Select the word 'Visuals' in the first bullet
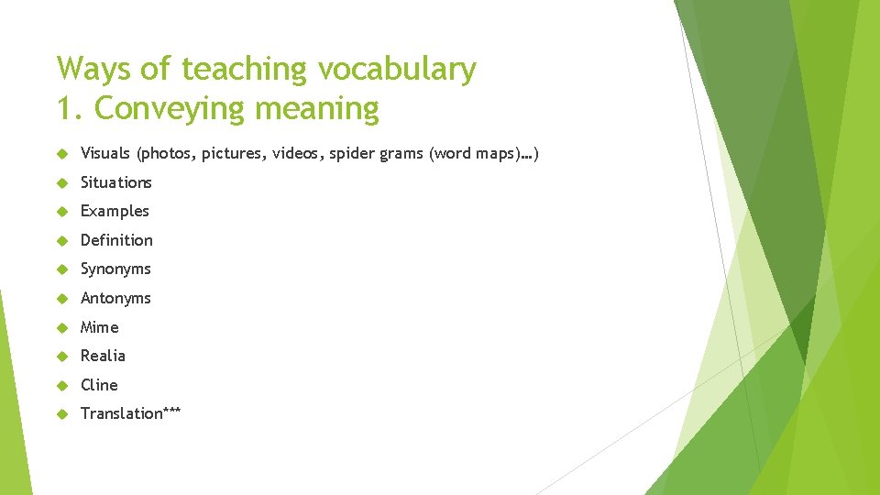[105, 153]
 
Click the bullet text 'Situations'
[116, 182]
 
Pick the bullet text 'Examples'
[115, 211]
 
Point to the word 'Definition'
[116, 240]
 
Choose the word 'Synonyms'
[115, 269]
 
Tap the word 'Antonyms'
[115, 298]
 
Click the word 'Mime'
[100, 327]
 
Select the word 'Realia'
[103, 356]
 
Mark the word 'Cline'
[99, 385]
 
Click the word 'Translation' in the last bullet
[120, 413]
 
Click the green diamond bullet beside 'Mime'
[62, 327]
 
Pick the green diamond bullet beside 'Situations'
[62, 182]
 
